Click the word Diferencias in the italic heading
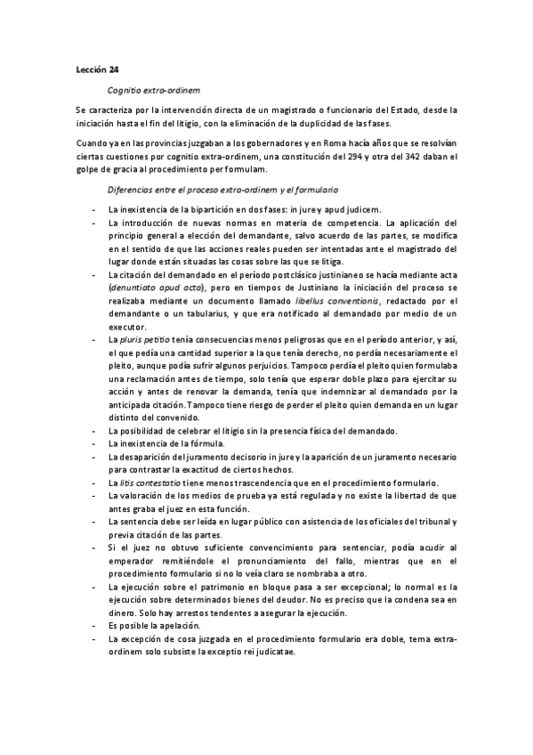pos(131,191)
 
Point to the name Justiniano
pos(302,289)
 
